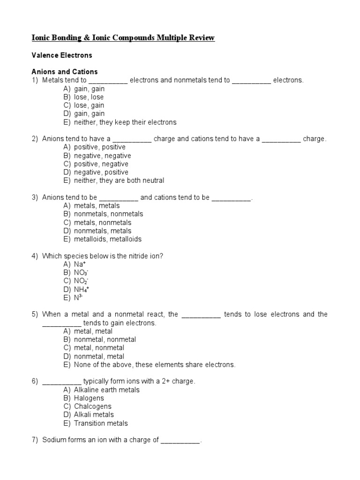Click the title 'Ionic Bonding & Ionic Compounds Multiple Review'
click(x=123, y=38)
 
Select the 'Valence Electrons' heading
click(x=61, y=55)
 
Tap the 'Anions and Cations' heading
click(x=64, y=72)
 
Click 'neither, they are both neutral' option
click(x=119, y=180)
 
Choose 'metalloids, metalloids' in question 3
click(x=107, y=239)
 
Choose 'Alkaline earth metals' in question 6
click(x=106, y=390)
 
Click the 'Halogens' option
click(x=89, y=398)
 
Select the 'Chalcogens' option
click(x=93, y=406)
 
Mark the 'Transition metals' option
click(x=101, y=423)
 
